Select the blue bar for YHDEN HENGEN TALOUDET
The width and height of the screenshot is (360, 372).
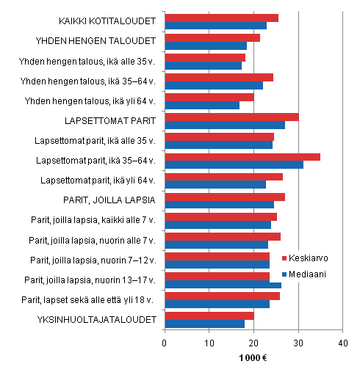point(206,45)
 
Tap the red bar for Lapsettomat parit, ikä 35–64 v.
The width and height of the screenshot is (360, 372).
point(242,156)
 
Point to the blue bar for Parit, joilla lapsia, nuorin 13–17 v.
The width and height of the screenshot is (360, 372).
point(223,284)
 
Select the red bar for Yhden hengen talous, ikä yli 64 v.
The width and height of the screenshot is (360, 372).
point(209,97)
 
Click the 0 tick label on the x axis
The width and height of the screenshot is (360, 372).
point(165,342)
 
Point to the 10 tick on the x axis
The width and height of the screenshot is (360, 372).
point(209,342)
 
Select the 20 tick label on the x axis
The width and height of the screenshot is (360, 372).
point(253,342)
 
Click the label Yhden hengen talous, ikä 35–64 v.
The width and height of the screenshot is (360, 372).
point(90,81)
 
